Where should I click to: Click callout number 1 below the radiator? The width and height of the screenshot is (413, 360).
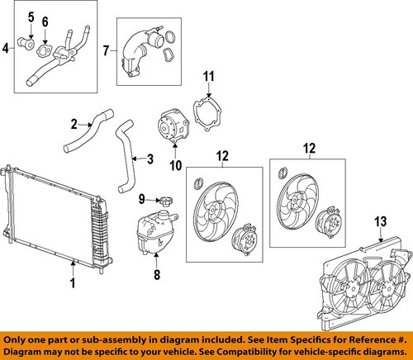(74, 286)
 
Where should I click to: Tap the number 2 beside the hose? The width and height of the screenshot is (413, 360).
(74, 125)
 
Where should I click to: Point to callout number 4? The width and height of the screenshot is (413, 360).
(7, 49)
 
